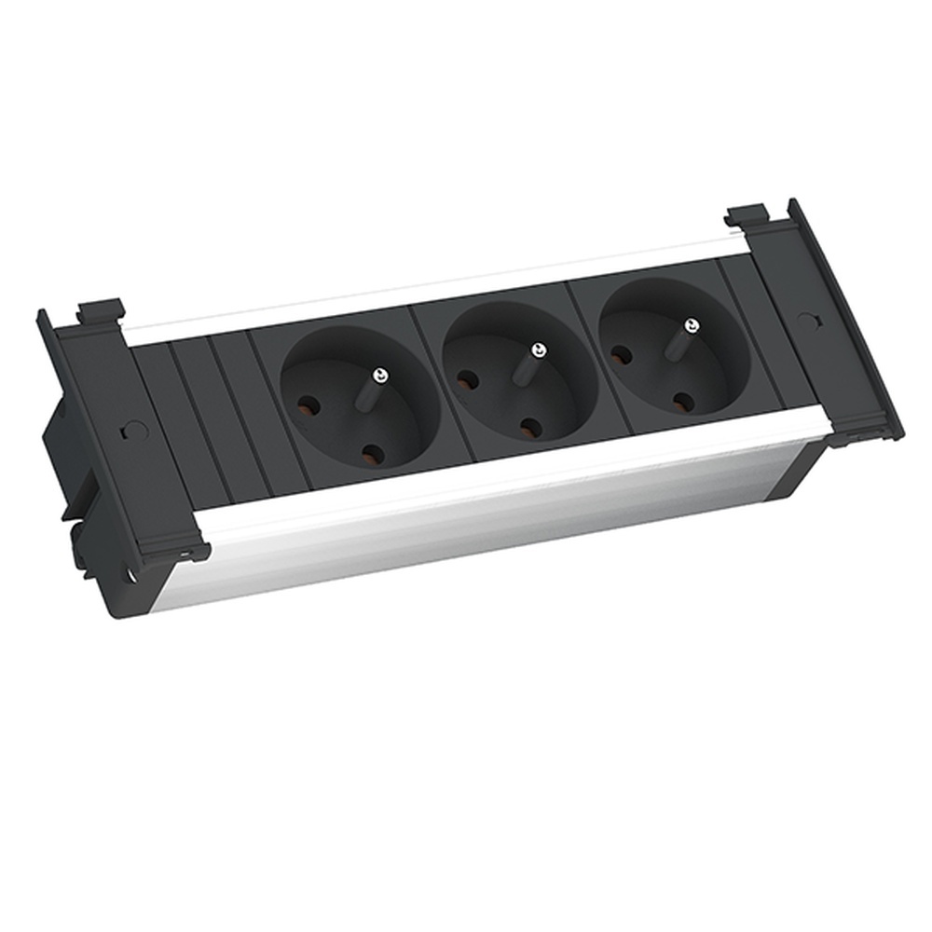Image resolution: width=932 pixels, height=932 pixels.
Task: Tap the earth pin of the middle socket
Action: [x=537, y=350]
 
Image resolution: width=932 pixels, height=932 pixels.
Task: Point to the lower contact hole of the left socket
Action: [x=373, y=454]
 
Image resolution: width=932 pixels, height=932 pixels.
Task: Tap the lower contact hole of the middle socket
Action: [x=531, y=427]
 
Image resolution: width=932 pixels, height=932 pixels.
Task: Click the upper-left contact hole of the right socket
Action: [x=622, y=355]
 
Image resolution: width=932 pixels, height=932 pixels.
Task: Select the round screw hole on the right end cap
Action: [x=806, y=320]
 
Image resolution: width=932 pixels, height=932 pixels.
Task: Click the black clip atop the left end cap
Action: [x=101, y=310]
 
